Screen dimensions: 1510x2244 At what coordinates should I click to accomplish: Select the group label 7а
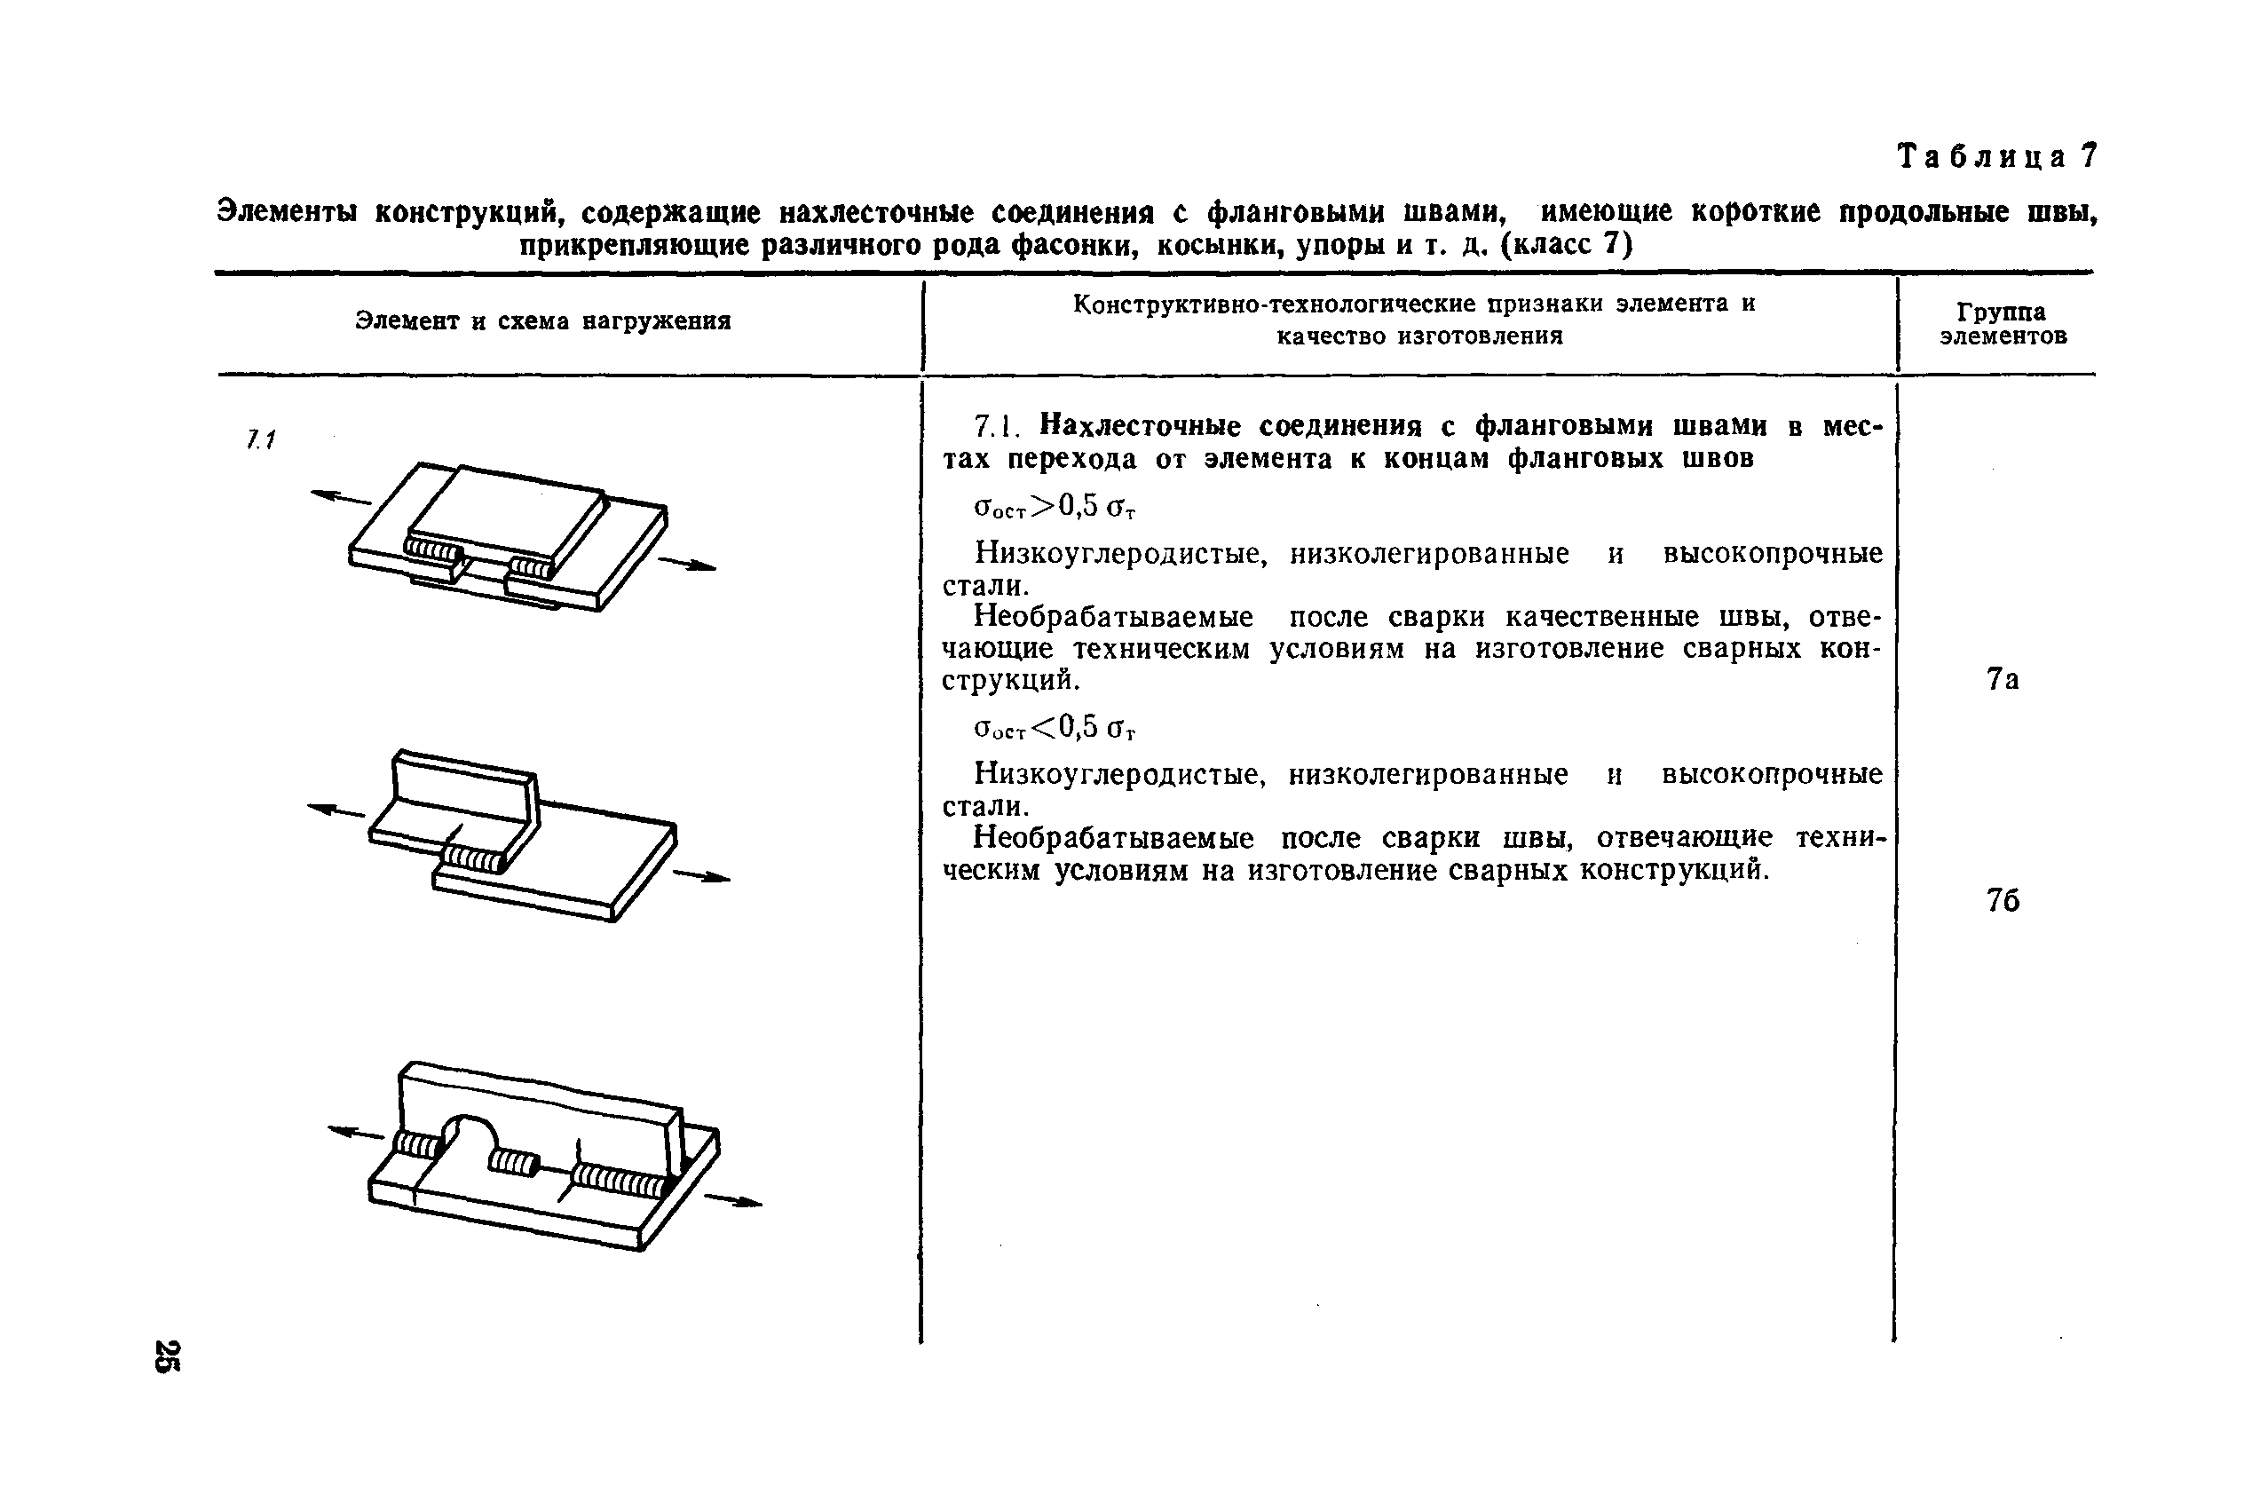[2003, 680]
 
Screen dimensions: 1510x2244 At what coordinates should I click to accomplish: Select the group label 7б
[2003, 900]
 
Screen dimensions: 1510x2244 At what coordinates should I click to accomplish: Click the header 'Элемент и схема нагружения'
[543, 320]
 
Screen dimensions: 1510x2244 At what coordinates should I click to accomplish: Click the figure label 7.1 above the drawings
[260, 440]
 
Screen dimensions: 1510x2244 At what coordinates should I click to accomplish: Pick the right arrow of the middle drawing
[702, 876]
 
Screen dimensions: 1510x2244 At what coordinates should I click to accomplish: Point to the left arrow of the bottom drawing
[356, 1134]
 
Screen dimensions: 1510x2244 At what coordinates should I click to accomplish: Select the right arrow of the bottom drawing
[733, 1200]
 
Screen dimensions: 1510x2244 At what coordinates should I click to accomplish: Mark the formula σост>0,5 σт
[1055, 507]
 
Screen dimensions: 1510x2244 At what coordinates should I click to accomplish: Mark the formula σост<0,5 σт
[1055, 728]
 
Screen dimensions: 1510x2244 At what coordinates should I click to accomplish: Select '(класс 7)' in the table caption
[1567, 245]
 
